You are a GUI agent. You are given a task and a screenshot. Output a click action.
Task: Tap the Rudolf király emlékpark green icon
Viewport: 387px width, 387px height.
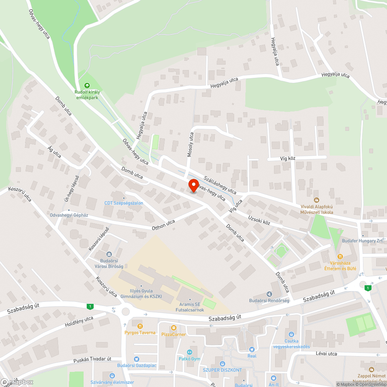87,85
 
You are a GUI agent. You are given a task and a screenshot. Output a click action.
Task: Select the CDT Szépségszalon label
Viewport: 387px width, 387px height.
124,203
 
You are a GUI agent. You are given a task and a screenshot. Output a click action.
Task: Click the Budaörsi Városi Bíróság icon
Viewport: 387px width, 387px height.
109,254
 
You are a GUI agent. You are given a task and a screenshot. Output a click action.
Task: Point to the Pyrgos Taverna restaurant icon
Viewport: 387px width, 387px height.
140,326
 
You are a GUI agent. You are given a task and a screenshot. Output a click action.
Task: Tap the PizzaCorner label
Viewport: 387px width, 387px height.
173,334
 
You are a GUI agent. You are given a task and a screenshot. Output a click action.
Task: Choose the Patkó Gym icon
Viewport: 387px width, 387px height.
190,352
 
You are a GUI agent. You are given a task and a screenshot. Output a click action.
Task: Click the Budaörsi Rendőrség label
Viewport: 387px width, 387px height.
269,301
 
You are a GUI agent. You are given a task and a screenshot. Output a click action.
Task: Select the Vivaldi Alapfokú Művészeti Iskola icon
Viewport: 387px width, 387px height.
317,200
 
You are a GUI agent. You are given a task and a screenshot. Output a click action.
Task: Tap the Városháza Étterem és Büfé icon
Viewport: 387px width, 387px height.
340,256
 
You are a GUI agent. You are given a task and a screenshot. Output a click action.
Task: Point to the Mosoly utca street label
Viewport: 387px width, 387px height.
190,144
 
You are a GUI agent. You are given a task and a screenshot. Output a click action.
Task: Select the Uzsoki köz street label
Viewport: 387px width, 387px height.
259,220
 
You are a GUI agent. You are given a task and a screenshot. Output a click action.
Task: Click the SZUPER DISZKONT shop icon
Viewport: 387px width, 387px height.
222,364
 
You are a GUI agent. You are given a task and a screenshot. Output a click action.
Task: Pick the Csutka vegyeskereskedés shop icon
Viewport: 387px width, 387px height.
291,334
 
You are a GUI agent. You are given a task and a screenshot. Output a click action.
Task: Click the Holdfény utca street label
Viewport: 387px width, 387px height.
79,321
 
